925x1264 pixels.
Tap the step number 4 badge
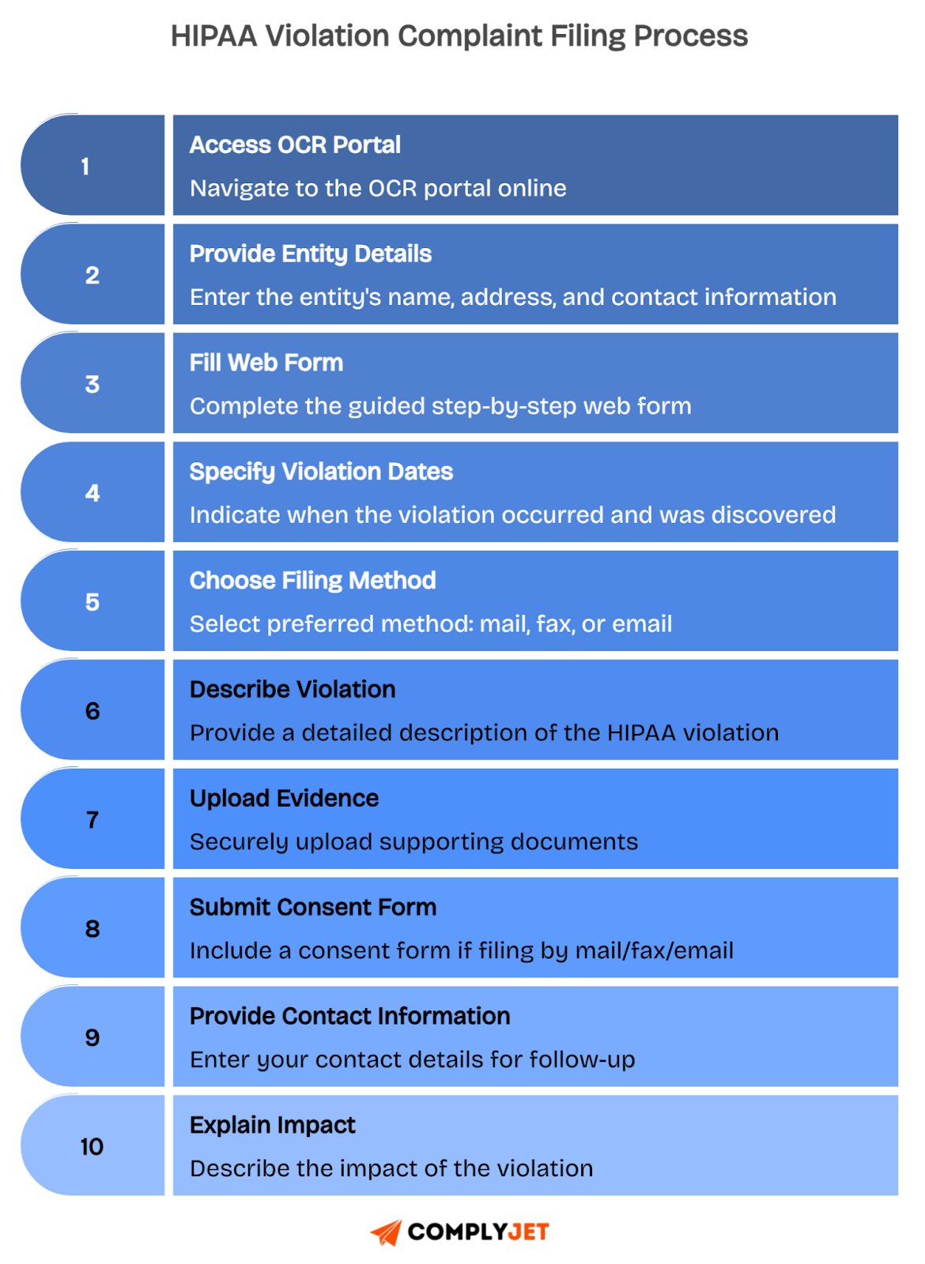(x=92, y=493)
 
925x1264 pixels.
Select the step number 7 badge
(x=92, y=819)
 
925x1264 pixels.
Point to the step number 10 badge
(x=92, y=1146)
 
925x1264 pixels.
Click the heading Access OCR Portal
(x=295, y=145)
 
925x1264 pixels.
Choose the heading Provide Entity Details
(x=311, y=254)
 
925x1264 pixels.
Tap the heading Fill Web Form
(x=266, y=363)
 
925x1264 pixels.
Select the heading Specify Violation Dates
(x=321, y=472)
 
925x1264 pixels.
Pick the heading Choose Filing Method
(x=312, y=581)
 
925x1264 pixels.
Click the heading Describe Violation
(x=293, y=690)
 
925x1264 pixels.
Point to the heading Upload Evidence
(x=284, y=799)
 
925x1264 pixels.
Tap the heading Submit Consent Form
(x=313, y=908)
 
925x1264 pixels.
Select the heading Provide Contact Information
(x=349, y=1017)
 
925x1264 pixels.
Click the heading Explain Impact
(x=273, y=1125)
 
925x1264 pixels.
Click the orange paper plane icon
(x=386, y=1232)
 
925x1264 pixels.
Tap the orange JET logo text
(x=528, y=1232)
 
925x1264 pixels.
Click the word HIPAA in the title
(x=213, y=36)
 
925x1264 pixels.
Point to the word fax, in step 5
(x=556, y=624)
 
